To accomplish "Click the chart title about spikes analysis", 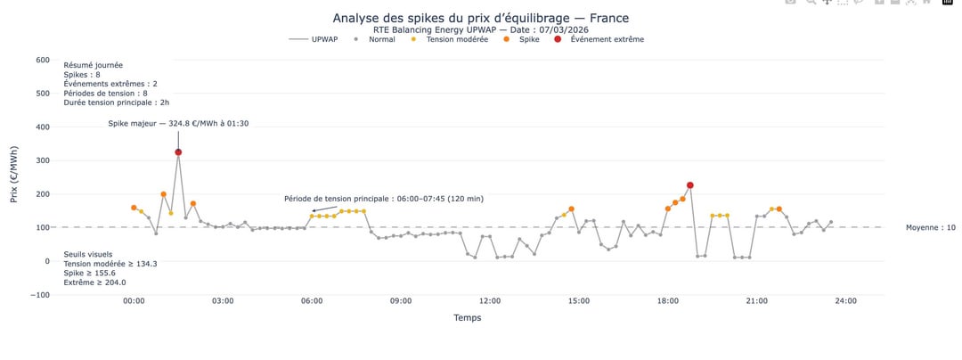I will [480, 18].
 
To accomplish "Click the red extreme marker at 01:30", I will [178, 152].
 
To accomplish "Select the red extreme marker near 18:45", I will [690, 185].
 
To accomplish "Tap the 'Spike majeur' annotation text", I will [178, 123].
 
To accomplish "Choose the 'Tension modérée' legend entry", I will [456, 39].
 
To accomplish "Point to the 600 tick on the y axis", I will [42, 60].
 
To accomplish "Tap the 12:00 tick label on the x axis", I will [490, 301].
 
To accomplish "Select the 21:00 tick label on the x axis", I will [757, 301].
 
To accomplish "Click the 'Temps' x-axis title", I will [468, 317].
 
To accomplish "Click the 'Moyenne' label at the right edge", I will [931, 228].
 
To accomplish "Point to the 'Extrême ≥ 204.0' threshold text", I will [94, 282].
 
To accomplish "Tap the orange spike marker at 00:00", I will [134, 208].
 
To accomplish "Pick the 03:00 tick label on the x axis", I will [223, 301].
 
